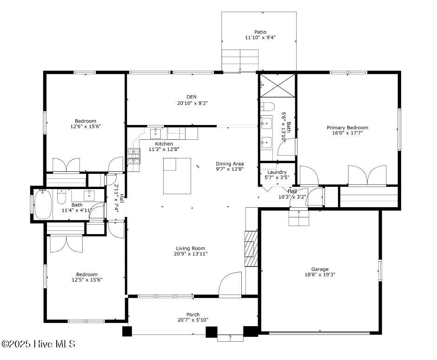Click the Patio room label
pos(260,32)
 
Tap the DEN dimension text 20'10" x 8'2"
pos(192,103)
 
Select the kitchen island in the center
pos(177,176)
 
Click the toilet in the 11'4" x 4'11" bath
pos(61,198)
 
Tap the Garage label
pos(320,269)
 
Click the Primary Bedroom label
pos(347,128)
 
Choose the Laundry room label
pos(277,172)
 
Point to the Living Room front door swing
pos(230,284)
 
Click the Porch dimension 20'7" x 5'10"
pos(193,320)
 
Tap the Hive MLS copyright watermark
pos(38,344)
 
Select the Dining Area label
pos(230,164)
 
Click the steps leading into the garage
pos(298,217)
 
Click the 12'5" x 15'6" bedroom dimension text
pos(86,280)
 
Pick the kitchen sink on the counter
pos(155,133)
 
